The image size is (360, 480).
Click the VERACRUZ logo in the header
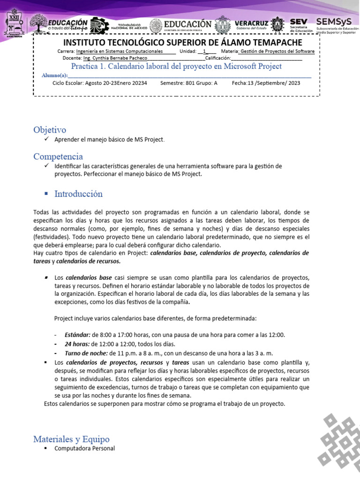coord(251,24)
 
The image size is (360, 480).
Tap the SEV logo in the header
coord(299,24)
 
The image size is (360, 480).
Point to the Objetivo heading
coord(50,130)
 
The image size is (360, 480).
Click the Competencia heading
coord(58,156)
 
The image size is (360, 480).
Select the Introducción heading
coord(78,194)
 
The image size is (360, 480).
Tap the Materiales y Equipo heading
coord(71,439)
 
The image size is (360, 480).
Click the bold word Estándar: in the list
coord(78,335)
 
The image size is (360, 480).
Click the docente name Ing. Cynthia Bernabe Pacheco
coord(115,58)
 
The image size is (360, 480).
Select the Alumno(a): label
coord(54,75)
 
